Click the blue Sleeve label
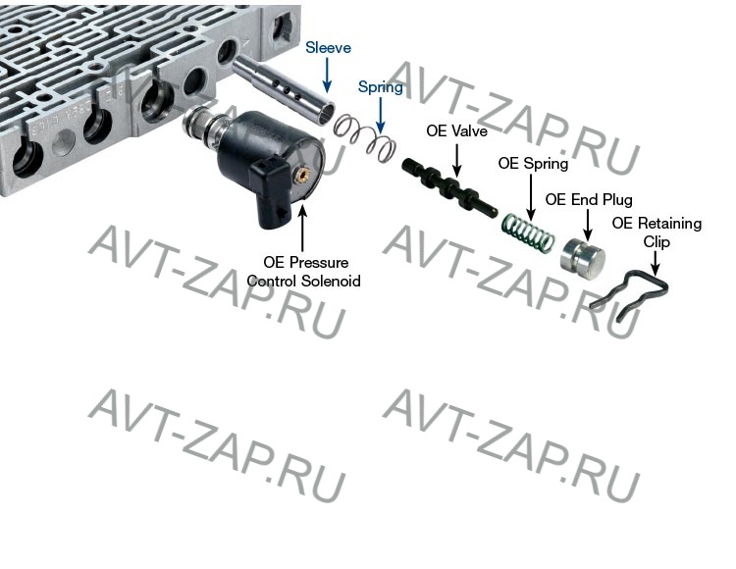[x=328, y=47]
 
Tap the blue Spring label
[x=380, y=87]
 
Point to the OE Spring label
[x=533, y=164]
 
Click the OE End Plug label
[x=589, y=199]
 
